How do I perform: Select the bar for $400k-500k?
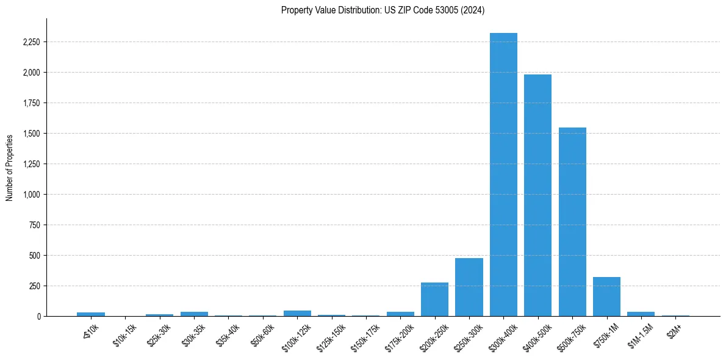click(x=537, y=195)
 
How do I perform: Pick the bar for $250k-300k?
click(x=469, y=287)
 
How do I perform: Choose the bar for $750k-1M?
click(x=606, y=297)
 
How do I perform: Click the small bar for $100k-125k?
click(x=297, y=313)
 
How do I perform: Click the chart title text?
click(x=383, y=10)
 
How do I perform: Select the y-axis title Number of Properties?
click(x=10, y=167)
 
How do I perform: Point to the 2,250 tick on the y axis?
click(x=32, y=42)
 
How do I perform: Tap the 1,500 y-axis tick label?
click(x=32, y=134)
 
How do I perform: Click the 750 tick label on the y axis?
click(x=35, y=225)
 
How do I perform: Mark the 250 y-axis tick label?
click(x=35, y=286)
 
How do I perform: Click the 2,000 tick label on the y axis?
click(x=32, y=73)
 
